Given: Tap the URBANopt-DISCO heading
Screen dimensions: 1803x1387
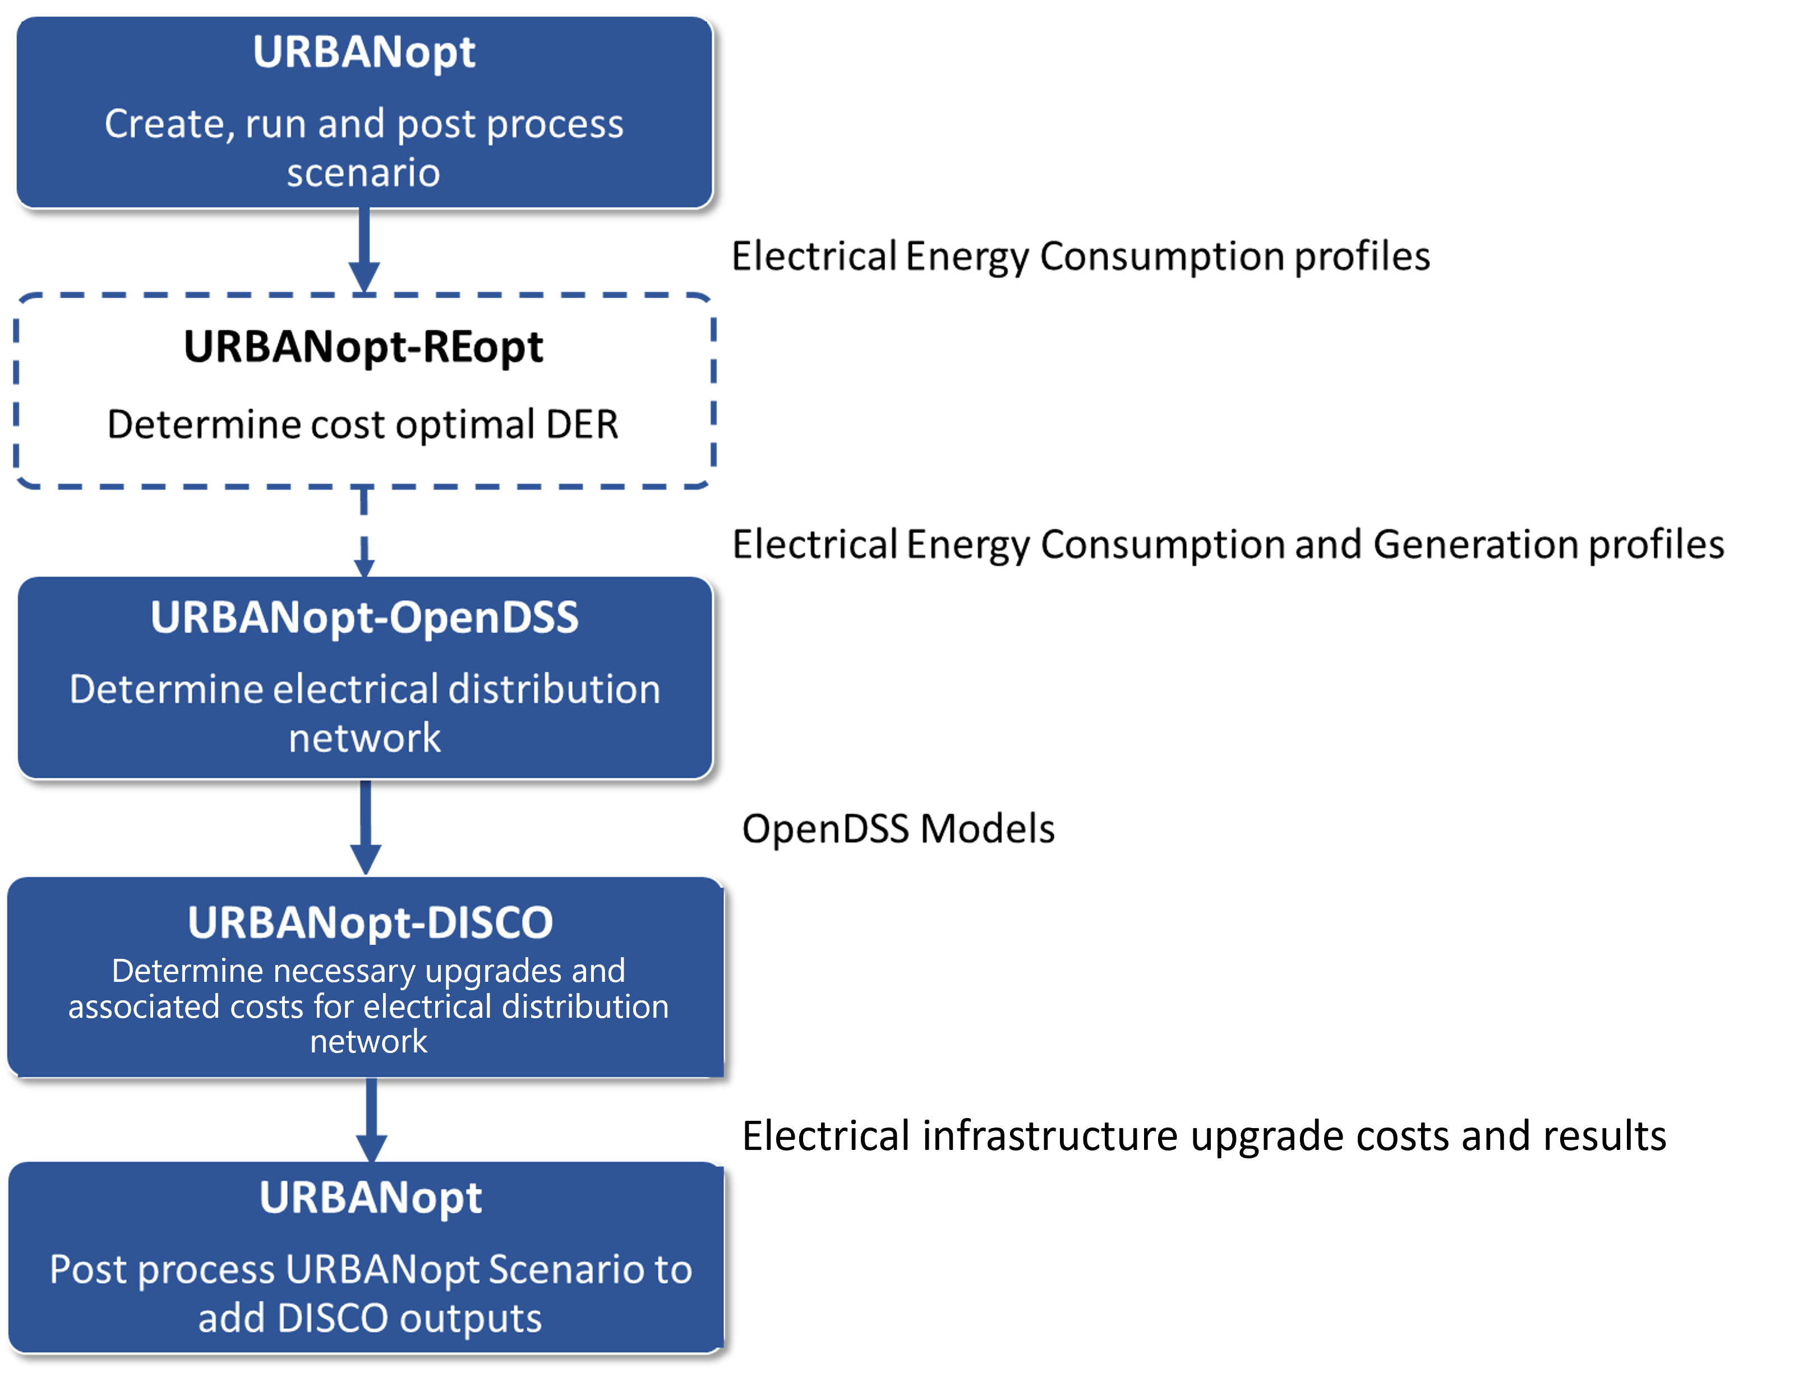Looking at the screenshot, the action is pos(370,922).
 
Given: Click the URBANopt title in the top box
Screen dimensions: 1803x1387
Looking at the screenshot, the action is pos(364,53).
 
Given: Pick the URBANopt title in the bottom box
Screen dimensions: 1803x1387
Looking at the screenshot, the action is pos(371,1198).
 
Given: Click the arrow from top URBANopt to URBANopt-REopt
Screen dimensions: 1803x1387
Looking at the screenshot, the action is pos(364,250).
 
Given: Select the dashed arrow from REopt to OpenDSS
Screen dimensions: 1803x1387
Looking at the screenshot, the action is pos(364,532).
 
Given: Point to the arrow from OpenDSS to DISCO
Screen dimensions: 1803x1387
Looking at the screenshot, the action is pos(366,827).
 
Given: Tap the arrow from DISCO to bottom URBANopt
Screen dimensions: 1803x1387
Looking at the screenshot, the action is pos(371,1120).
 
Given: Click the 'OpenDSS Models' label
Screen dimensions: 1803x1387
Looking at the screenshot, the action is pos(898,828).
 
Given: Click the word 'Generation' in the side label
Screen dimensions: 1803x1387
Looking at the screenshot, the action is pos(1475,545).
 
